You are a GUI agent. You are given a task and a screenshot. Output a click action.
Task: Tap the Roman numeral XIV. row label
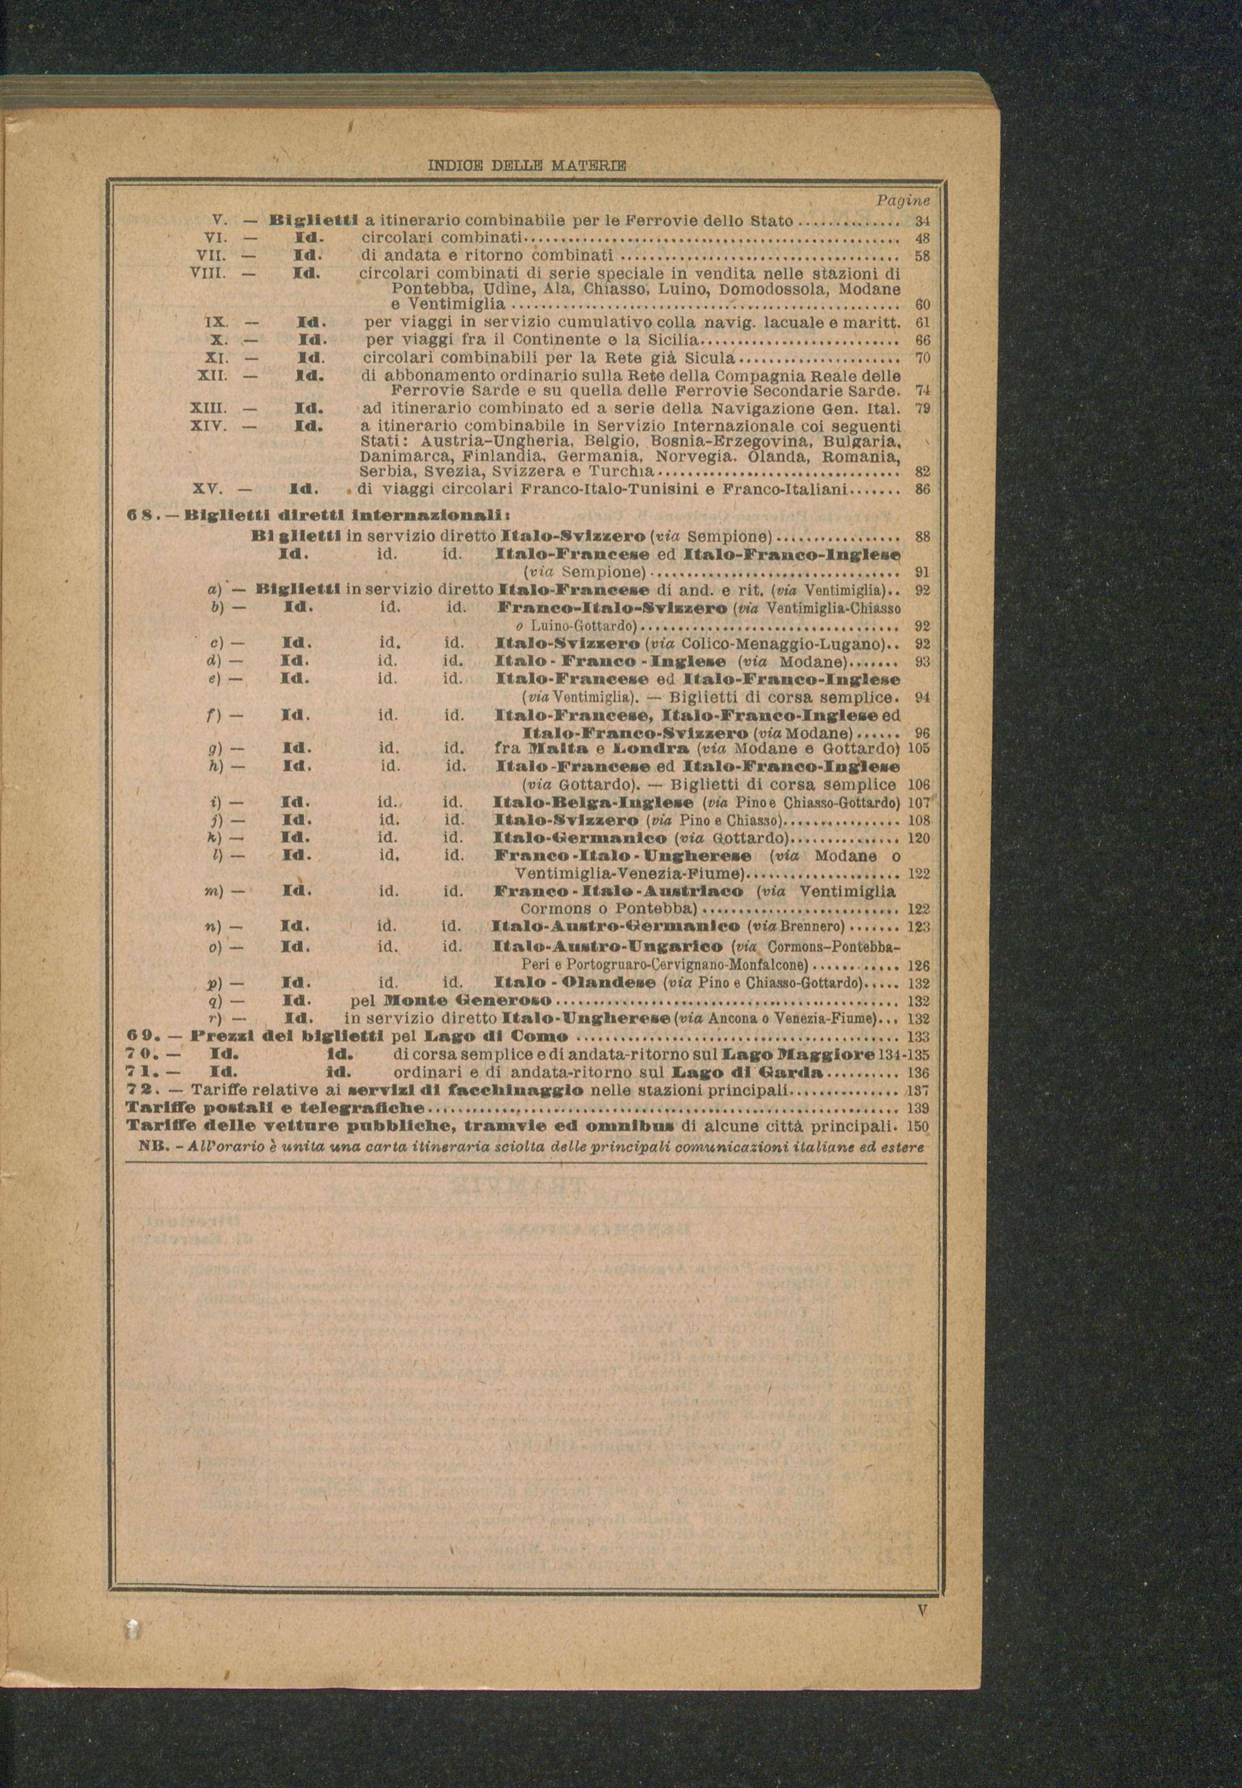(x=209, y=426)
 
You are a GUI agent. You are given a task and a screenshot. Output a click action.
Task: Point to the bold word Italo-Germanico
(x=580, y=838)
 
